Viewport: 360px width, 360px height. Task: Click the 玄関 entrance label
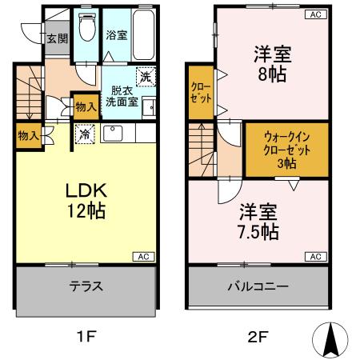[55, 38]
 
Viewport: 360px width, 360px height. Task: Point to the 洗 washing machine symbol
[145, 78]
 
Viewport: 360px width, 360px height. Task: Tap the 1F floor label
[86, 337]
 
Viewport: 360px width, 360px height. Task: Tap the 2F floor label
[257, 337]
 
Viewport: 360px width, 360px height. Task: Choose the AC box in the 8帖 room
[315, 14]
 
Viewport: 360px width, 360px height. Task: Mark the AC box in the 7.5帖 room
[315, 256]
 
